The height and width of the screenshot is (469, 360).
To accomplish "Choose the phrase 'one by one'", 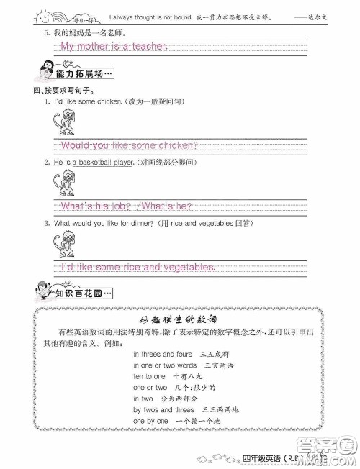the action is [x=150, y=420].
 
